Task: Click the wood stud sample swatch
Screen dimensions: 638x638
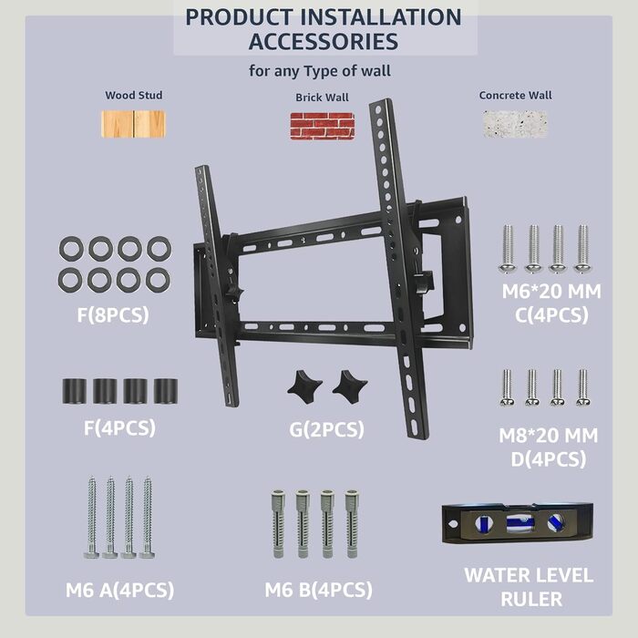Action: coord(133,124)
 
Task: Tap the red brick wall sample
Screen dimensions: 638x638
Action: coord(323,126)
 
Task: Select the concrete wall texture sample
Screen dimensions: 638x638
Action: coord(515,124)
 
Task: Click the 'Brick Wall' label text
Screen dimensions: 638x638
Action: coord(322,98)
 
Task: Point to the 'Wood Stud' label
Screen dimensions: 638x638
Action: coord(134,95)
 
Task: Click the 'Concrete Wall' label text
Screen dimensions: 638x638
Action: coord(516,95)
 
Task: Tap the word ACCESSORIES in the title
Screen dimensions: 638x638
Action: coord(324,42)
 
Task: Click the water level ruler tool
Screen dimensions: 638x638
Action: coord(517,523)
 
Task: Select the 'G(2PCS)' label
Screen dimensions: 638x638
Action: coord(326,429)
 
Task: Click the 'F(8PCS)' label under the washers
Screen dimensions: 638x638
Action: coord(113,315)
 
